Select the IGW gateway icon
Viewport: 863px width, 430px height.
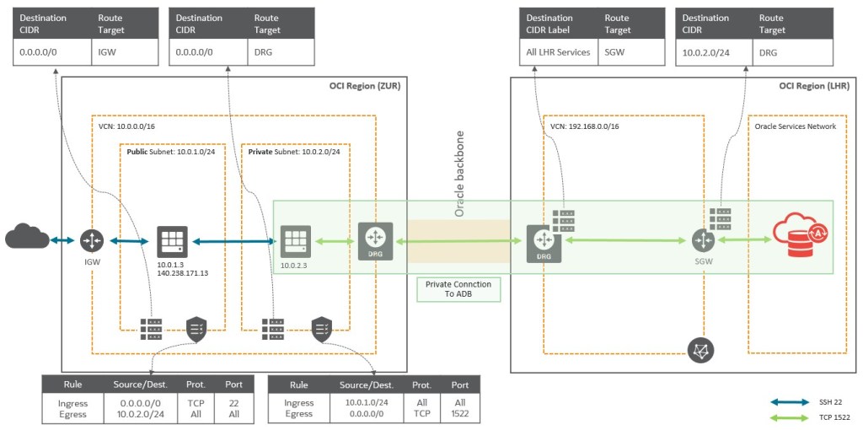[92, 241]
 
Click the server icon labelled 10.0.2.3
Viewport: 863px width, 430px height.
[296, 241]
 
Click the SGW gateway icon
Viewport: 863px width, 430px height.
[703, 241]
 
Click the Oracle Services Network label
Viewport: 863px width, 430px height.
[796, 126]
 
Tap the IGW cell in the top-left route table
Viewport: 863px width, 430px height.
[108, 52]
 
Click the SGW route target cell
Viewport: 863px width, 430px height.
[615, 52]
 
